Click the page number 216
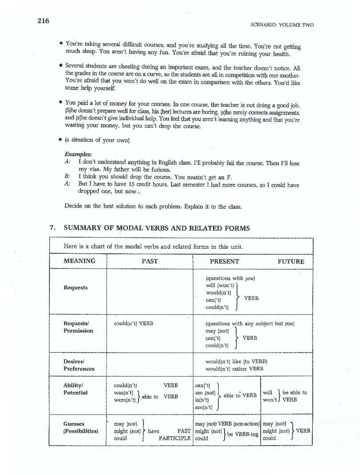click(x=43, y=21)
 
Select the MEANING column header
click(x=79, y=261)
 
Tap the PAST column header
click(x=150, y=261)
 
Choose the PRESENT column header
click(x=225, y=261)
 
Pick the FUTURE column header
click(x=291, y=261)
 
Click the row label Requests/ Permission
click(x=78, y=327)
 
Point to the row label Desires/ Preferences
click(x=79, y=365)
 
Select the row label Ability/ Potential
click(x=75, y=389)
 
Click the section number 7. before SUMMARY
click(x=53, y=228)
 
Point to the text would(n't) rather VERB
click(x=234, y=369)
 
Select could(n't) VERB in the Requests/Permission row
click(x=134, y=324)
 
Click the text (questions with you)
click(x=230, y=278)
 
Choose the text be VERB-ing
click(x=243, y=434)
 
